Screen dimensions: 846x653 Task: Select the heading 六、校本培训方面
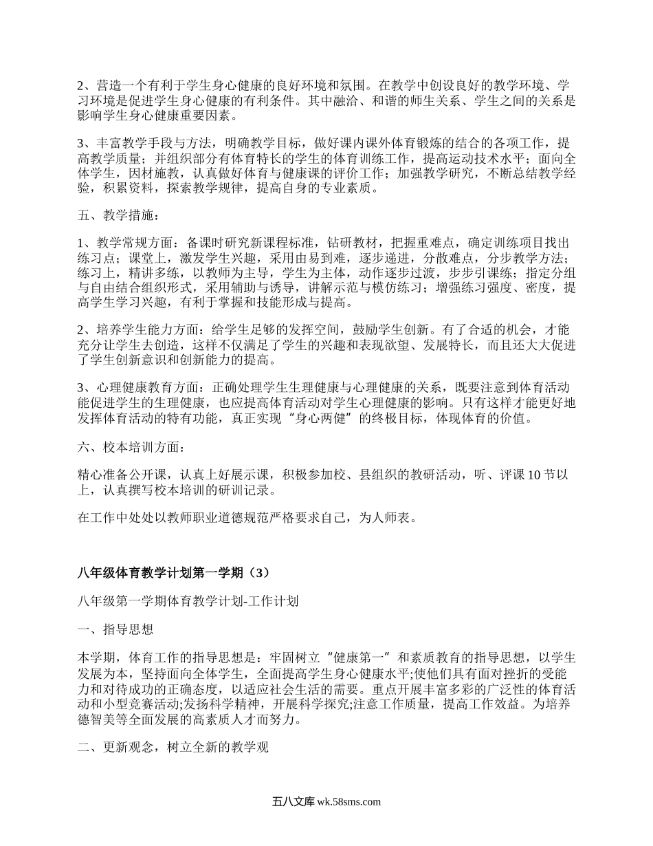pyautogui.click(x=131, y=448)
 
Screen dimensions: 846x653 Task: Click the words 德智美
pyautogui.click(x=96, y=722)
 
